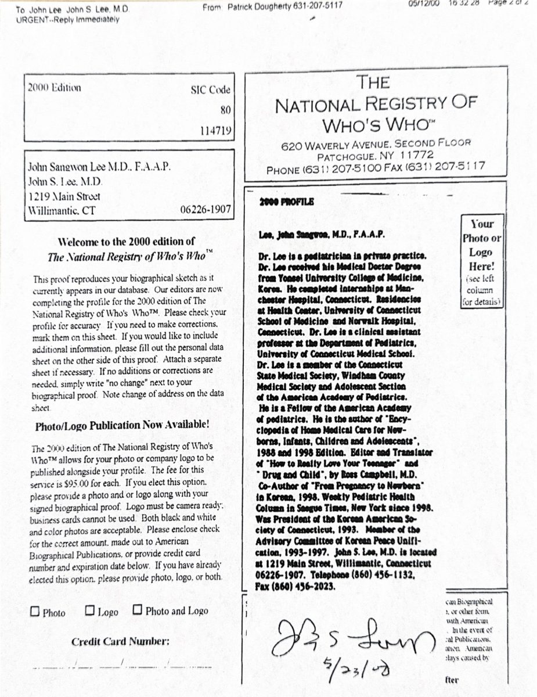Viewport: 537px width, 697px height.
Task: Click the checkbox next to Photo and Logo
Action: pyautogui.click(x=138, y=610)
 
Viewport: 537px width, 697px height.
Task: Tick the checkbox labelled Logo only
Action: pyautogui.click(x=89, y=610)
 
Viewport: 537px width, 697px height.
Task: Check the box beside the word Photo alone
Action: pyautogui.click(x=35, y=612)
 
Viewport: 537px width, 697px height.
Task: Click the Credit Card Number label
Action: pyautogui.click(x=120, y=642)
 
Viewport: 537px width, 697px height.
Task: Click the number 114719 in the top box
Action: pyautogui.click(x=215, y=131)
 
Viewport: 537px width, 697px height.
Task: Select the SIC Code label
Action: pyautogui.click(x=210, y=90)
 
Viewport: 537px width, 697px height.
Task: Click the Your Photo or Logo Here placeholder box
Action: pyautogui.click(x=481, y=261)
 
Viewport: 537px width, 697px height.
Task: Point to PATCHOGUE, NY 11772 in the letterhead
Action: pyautogui.click(x=375, y=157)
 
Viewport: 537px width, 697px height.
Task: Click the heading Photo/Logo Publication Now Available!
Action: pyautogui.click(x=122, y=425)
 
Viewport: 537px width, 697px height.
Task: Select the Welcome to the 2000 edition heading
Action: pyautogui.click(x=127, y=242)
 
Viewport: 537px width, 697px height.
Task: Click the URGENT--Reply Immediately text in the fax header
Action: pyautogui.click(x=68, y=20)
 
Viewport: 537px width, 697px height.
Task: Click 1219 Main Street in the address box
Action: pyautogui.click(x=64, y=196)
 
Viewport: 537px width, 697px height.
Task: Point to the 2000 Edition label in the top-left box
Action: pyautogui.click(x=55, y=88)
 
